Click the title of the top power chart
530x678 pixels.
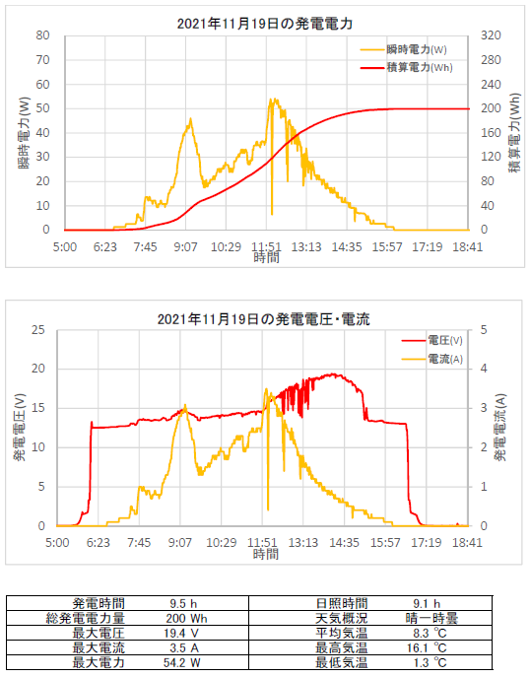pos(265,24)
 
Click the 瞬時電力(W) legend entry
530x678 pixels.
pos(403,49)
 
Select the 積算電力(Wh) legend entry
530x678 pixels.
pos(406,67)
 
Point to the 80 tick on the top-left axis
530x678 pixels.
pos(42,35)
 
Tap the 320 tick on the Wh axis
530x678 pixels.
pos(491,35)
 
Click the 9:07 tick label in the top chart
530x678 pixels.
pos(185,247)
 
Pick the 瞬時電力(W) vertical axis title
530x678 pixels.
pos(25,133)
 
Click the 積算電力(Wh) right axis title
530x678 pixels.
pos(514,133)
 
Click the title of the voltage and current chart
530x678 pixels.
pos(264,319)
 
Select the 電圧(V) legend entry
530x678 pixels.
pos(431,341)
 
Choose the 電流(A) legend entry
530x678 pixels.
pos(431,359)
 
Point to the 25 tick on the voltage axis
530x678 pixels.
pos(38,330)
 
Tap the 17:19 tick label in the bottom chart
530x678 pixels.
pos(427,543)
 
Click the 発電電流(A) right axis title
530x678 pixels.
pos(500,428)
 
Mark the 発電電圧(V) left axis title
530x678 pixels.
pos(20,428)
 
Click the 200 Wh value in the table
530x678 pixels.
pos(187,619)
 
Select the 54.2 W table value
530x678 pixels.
pos(182,663)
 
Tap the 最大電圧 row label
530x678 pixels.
pos(99,634)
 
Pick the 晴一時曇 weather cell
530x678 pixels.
pos(431,618)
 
